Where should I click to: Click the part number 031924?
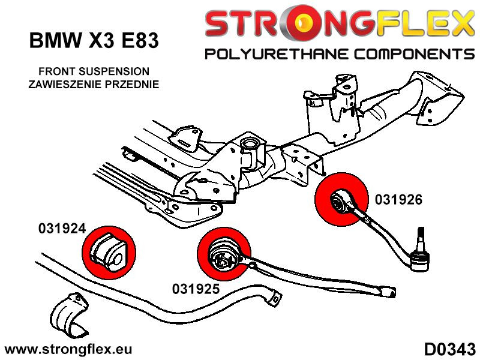pyautogui.click(x=62, y=229)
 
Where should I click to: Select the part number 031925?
pyautogui.click(x=196, y=289)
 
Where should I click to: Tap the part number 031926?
pyautogui.click(x=399, y=200)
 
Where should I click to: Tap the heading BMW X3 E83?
pyautogui.click(x=94, y=41)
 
